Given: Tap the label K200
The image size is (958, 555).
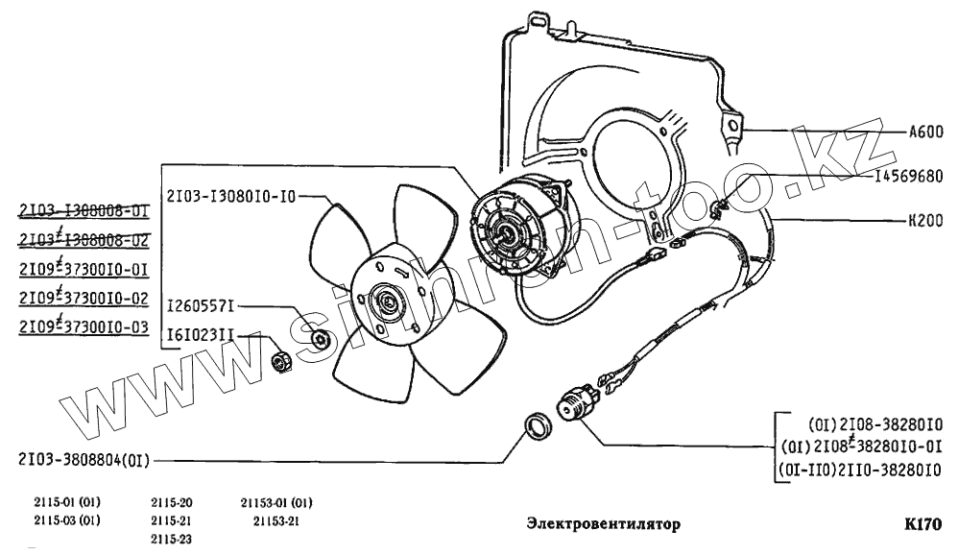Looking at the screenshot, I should tap(925, 219).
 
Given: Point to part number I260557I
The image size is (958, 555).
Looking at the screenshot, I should tap(199, 306).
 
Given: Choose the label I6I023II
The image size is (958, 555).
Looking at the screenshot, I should tap(199, 335).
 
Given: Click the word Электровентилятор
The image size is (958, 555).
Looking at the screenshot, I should tap(603, 525).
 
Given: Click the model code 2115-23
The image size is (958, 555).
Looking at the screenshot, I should tap(172, 539).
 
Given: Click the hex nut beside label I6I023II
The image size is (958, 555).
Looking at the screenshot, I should tap(282, 362).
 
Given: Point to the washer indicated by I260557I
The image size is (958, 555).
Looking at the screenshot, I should tap(323, 339).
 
